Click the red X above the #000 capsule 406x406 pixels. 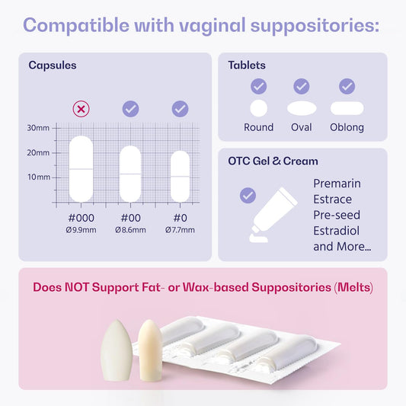[x=81, y=109]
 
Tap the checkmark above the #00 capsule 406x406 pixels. [x=130, y=109]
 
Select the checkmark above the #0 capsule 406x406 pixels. [x=180, y=109]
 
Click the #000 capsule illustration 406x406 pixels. [x=81, y=168]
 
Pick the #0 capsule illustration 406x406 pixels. [x=180, y=176]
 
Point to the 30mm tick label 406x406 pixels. [x=38, y=127]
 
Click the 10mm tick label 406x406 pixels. [x=38, y=177]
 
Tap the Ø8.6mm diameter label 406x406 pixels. [x=130, y=229]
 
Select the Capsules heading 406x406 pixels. [x=53, y=66]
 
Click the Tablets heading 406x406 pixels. [x=247, y=66]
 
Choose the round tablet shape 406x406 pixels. [x=259, y=107]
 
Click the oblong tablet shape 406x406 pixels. [x=347, y=107]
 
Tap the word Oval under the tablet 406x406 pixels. [x=302, y=127]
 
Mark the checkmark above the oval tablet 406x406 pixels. [x=302, y=86]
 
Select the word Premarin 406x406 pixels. [x=337, y=184]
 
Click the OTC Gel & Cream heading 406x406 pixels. [x=273, y=161]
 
